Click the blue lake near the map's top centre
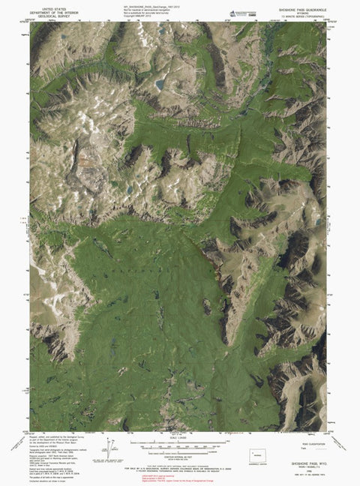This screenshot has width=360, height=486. coord(160,85)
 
